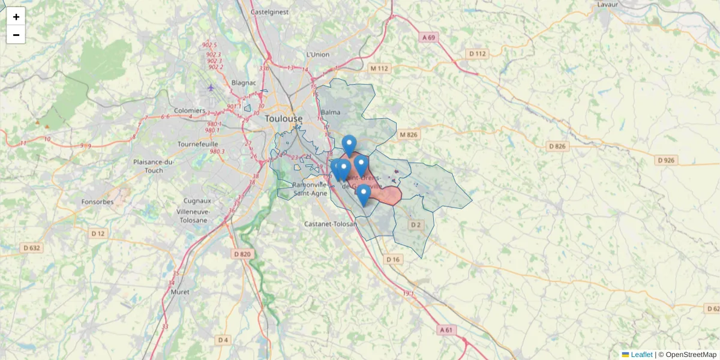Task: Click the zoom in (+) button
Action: (16, 17)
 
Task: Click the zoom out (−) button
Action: (16, 35)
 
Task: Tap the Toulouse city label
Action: (284, 119)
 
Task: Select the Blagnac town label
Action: (243, 83)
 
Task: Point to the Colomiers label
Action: (189, 111)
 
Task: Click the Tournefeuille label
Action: (197, 144)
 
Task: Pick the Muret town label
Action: (179, 292)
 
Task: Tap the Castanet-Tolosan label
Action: (330, 224)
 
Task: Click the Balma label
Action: (331, 112)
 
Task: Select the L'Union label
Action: (318, 55)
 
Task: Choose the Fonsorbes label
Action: (97, 202)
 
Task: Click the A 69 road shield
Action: (428, 37)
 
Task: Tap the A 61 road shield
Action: (446, 329)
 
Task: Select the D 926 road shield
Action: (666, 160)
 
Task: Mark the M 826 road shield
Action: (407, 134)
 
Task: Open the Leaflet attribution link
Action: (641, 355)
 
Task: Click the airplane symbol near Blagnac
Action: (211, 88)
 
